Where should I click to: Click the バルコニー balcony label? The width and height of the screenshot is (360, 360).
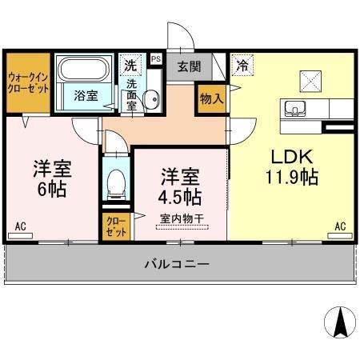click(178, 263)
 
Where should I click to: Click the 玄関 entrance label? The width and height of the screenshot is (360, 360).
click(189, 67)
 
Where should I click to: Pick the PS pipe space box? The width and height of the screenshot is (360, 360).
click(155, 58)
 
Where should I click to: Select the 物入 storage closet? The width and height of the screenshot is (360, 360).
click(210, 98)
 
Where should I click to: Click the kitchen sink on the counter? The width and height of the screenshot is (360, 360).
click(292, 110)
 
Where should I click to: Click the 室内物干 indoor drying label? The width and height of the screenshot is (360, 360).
click(179, 218)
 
